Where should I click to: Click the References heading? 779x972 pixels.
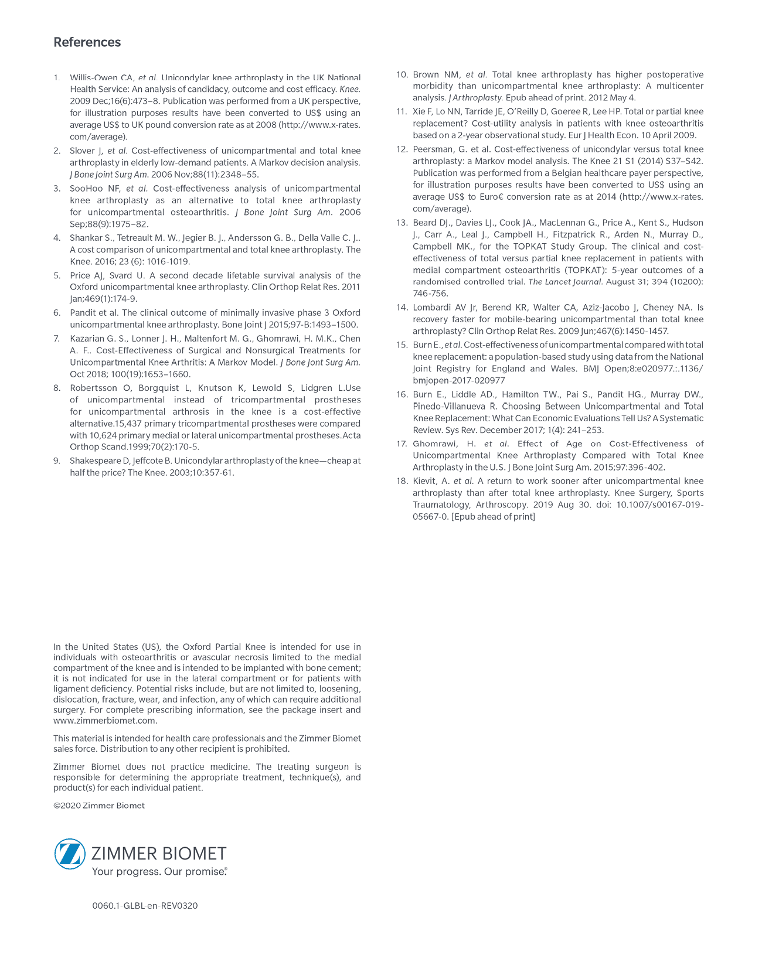pyautogui.click(x=87, y=42)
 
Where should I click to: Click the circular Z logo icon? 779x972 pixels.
pyautogui.click(x=70, y=854)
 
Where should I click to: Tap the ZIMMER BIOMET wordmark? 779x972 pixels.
pyautogui.click(x=159, y=853)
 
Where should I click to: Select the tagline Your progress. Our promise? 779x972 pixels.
pyautogui.click(x=159, y=872)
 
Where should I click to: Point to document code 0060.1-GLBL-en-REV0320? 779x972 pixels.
pyautogui.click(x=145, y=906)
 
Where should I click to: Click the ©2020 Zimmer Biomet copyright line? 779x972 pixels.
pyautogui.click(x=98, y=806)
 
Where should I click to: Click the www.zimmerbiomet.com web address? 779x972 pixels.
pyautogui.click(x=104, y=721)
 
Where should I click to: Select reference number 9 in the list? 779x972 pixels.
pyautogui.click(x=57, y=461)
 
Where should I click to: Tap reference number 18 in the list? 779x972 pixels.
pyautogui.click(x=402, y=481)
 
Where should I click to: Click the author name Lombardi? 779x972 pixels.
pyautogui.click(x=432, y=308)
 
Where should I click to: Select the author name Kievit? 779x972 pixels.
pyautogui.click(x=424, y=481)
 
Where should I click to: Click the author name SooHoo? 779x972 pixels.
pyautogui.click(x=86, y=189)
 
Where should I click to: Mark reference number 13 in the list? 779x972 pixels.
pyautogui.click(x=402, y=223)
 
